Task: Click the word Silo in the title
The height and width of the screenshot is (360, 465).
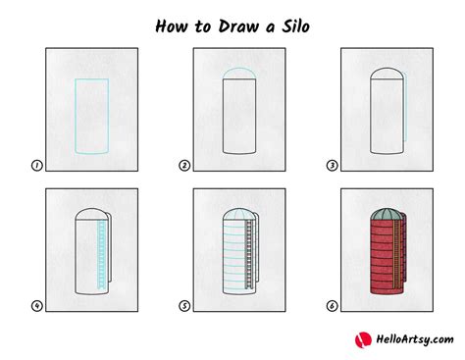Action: coord(295,26)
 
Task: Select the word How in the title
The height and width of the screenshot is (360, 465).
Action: coord(172,26)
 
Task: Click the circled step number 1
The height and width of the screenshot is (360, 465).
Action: coord(37,166)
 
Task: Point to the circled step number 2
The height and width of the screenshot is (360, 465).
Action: coord(184,166)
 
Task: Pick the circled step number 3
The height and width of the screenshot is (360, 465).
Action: coord(332,166)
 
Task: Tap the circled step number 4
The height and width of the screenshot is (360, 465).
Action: coord(37,306)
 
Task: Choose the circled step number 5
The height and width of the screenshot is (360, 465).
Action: coord(184,306)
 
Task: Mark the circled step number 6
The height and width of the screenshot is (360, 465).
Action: coord(332,306)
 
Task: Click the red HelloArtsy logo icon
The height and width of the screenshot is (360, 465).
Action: coord(363,339)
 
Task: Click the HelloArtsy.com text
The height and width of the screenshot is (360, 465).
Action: coord(415,339)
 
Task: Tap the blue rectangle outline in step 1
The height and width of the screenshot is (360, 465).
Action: coord(76,116)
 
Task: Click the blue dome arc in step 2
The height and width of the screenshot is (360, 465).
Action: coord(239,68)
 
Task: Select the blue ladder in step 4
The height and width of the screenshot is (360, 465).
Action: coord(102,254)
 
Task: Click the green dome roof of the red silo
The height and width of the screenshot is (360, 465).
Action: coord(387,214)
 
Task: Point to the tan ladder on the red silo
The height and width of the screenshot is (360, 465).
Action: coord(397,254)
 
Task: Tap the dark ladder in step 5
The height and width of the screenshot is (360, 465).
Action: coord(249,254)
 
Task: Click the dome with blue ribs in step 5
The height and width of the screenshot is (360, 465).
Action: coord(239,214)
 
